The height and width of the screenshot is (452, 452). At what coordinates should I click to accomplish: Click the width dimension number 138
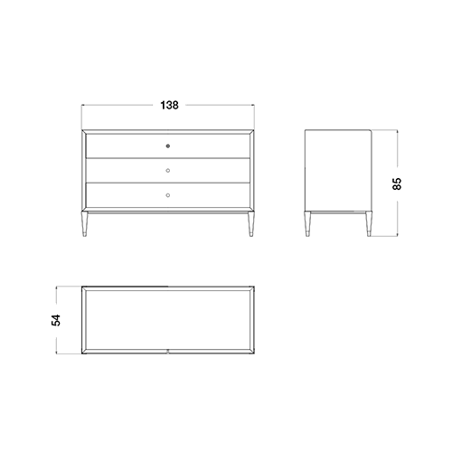click(x=169, y=105)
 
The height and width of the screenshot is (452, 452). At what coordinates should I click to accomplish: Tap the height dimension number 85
click(x=397, y=184)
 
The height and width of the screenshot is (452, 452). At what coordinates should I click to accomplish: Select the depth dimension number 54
click(x=56, y=320)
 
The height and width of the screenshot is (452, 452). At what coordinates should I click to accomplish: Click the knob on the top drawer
click(x=168, y=146)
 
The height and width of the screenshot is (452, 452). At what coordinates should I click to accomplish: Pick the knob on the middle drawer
click(x=168, y=171)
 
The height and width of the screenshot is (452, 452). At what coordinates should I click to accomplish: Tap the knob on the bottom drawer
click(x=168, y=195)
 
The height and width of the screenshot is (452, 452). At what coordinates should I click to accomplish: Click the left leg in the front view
click(x=85, y=224)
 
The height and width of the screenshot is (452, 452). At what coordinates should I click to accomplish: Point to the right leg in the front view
click(x=251, y=224)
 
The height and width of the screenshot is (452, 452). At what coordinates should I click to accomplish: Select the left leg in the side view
click(x=307, y=224)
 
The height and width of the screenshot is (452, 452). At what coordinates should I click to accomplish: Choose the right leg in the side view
click(x=369, y=224)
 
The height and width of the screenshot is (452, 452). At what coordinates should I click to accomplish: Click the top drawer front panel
click(x=168, y=146)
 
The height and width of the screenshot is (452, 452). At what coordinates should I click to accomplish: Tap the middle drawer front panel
click(x=168, y=170)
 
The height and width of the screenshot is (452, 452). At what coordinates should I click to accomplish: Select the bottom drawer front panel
click(x=168, y=195)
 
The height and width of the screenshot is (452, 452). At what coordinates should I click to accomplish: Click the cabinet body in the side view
click(x=338, y=171)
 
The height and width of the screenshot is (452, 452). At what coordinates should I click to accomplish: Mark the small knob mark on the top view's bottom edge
click(x=168, y=351)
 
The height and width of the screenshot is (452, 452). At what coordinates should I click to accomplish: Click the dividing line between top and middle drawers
click(x=168, y=158)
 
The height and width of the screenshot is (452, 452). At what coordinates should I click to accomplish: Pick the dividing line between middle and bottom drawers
click(x=168, y=183)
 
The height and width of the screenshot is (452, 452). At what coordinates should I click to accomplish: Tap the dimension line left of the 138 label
click(x=118, y=105)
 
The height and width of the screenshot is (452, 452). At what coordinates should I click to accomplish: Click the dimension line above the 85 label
click(x=398, y=148)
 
